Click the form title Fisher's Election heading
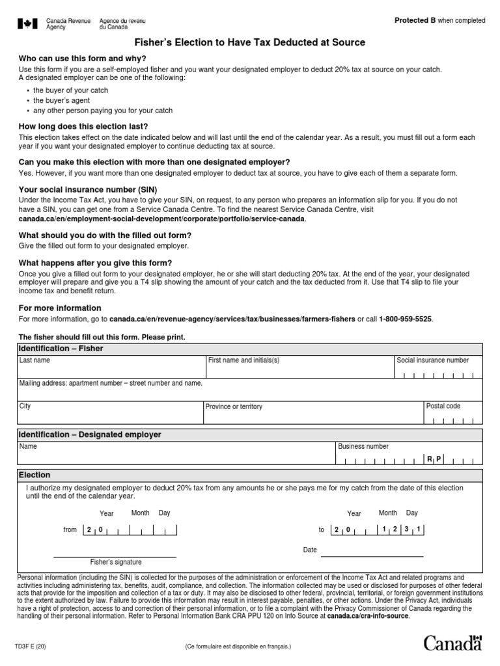[x=249, y=42]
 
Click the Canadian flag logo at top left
[x=27, y=23]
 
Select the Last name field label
[x=35, y=360]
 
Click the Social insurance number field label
[x=432, y=360]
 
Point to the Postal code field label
[x=443, y=406]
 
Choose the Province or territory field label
[x=234, y=406]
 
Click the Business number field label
[x=363, y=446]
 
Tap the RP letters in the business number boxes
[x=434, y=459]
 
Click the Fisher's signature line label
[x=115, y=562]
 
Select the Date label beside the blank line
[x=310, y=550]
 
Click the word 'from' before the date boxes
[x=70, y=529]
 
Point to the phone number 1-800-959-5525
[x=405, y=319]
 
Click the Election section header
[x=35, y=475]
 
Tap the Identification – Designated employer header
[x=90, y=434]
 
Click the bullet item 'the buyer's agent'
[x=61, y=101]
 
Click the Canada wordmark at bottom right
[x=453, y=643]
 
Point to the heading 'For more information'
[x=60, y=308]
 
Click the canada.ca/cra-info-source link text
[x=368, y=615]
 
